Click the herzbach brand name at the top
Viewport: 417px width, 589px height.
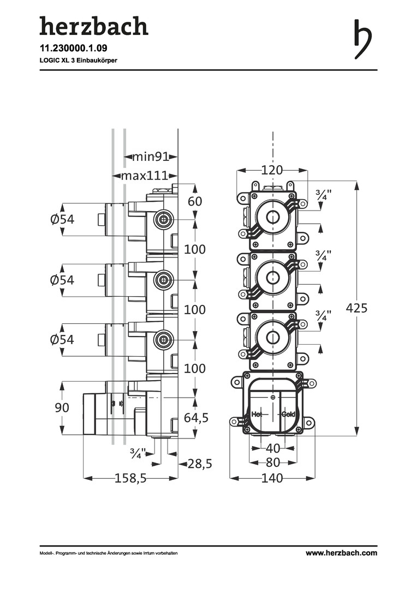pyautogui.click(x=93, y=27)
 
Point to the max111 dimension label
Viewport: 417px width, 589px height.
pyautogui.click(x=144, y=176)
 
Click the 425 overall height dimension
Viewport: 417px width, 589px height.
pyautogui.click(x=357, y=308)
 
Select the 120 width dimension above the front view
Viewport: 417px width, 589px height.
pyautogui.click(x=272, y=170)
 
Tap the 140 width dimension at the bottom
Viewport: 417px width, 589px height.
pyautogui.click(x=272, y=479)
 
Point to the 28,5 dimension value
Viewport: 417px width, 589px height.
pyautogui.click(x=199, y=464)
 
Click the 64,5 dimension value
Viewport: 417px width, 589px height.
pyautogui.click(x=196, y=418)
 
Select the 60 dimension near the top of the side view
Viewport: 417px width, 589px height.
pyautogui.click(x=195, y=201)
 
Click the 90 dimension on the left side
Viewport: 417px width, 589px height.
pyautogui.click(x=62, y=408)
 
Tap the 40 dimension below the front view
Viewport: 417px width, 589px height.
pyautogui.click(x=272, y=448)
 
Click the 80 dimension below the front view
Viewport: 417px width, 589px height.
pyautogui.click(x=272, y=462)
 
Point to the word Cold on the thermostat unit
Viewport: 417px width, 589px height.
pyautogui.click(x=289, y=414)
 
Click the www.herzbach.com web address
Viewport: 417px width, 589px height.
pyautogui.click(x=341, y=553)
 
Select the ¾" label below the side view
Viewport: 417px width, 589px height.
pyautogui.click(x=138, y=453)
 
